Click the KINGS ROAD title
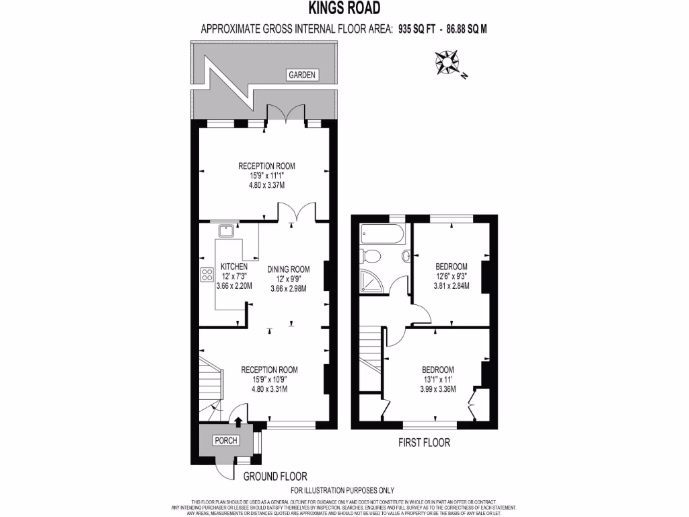click(344, 9)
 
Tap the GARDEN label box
click(301, 75)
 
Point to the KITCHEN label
click(233, 267)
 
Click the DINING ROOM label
click(287, 269)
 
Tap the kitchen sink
click(226, 231)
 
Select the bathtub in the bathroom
click(382, 235)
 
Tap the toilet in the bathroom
click(370, 256)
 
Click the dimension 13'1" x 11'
click(438, 380)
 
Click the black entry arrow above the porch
click(238, 421)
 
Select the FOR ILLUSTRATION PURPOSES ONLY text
click(342, 491)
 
